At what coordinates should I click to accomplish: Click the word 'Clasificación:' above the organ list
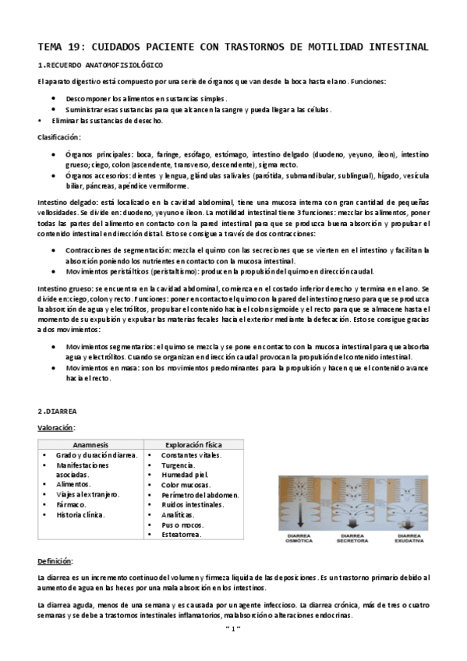58,137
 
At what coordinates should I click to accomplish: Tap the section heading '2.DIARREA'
58,411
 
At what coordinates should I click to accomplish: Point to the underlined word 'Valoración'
55,427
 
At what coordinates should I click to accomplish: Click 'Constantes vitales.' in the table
191,454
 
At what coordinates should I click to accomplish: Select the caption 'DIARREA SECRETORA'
353,537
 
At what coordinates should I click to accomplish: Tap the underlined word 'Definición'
55,561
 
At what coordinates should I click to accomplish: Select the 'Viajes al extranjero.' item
87,494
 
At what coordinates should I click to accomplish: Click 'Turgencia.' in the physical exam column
179,465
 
